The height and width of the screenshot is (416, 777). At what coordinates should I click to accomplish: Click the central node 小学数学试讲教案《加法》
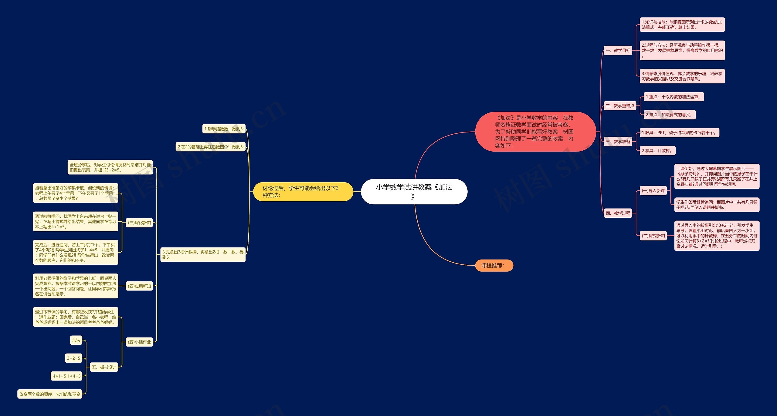click(x=414, y=191)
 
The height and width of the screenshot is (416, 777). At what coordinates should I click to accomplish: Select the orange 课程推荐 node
click(x=494, y=266)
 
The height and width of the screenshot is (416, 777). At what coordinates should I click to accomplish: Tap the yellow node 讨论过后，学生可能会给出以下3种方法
click(x=303, y=192)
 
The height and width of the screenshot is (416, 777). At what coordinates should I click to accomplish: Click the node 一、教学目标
click(x=618, y=51)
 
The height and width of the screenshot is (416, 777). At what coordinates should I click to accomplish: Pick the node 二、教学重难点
click(x=620, y=106)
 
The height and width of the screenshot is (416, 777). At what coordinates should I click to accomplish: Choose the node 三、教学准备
click(x=618, y=142)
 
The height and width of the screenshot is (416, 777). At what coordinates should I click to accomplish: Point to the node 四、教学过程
click(x=618, y=213)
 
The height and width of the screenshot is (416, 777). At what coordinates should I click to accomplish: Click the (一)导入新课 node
click(x=653, y=191)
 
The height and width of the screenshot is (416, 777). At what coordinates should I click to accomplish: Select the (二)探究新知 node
click(x=653, y=236)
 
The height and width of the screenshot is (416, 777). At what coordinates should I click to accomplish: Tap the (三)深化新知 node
click(x=139, y=223)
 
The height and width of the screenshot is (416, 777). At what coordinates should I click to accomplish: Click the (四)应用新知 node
click(x=139, y=286)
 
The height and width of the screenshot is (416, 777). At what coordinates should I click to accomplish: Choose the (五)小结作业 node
click(x=139, y=342)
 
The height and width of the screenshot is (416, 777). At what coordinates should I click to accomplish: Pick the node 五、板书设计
click(x=104, y=367)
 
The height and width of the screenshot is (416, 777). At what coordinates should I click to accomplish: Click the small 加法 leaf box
click(x=76, y=340)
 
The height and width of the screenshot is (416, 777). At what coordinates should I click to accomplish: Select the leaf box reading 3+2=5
click(x=74, y=358)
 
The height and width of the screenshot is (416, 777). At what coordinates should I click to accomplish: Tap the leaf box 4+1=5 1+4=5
click(x=67, y=376)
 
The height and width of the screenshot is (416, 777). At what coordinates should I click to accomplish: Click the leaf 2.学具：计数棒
click(x=657, y=151)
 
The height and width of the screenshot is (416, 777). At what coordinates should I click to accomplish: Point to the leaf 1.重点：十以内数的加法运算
click(x=674, y=97)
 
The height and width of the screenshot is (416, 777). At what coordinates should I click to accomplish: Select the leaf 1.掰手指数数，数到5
click(x=224, y=129)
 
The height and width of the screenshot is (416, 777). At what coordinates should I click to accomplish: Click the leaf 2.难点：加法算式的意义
click(x=670, y=115)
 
